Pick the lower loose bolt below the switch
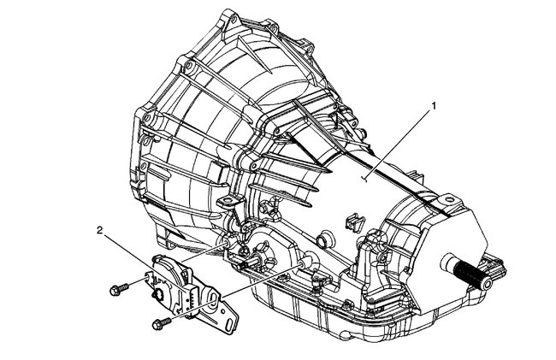[158, 323]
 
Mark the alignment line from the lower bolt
[231, 295]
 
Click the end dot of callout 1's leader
[364, 179]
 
